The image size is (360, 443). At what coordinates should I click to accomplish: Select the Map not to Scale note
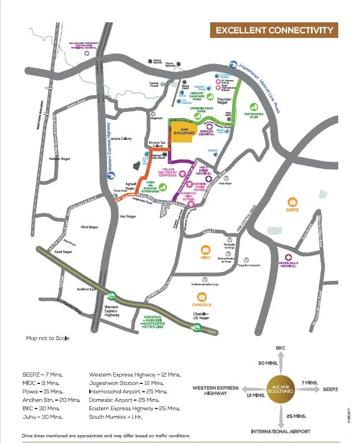48,338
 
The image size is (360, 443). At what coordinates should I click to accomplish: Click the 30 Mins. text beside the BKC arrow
268,363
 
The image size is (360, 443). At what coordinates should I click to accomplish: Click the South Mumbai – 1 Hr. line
119,416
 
